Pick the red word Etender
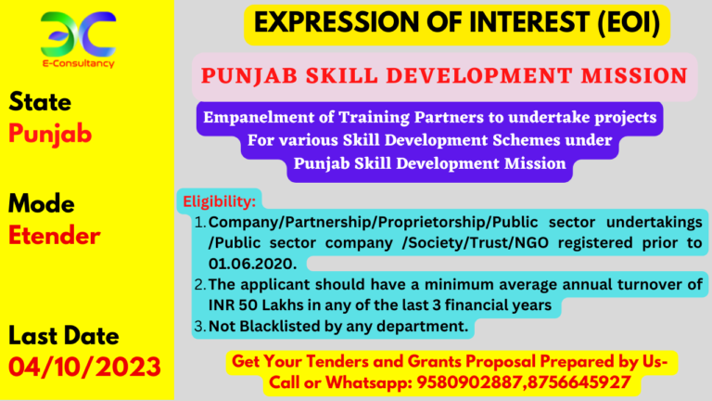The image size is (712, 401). coord(54,236)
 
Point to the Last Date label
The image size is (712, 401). coord(63,336)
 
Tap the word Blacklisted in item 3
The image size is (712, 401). coord(279,327)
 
